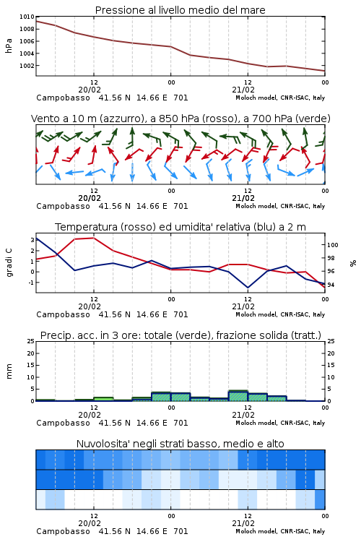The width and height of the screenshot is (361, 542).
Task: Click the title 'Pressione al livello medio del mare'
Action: (x=180, y=10)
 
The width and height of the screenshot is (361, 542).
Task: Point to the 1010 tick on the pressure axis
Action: (x=27, y=17)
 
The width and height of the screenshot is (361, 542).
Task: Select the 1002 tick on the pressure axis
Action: (x=27, y=66)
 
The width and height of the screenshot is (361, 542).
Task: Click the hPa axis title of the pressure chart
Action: (x=9, y=46)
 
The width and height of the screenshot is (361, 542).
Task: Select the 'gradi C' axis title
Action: (x=9, y=262)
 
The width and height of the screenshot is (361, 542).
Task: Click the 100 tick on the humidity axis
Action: (x=332, y=245)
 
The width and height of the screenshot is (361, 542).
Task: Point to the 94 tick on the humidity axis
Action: (x=331, y=285)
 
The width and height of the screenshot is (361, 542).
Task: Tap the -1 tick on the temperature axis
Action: (x=31, y=283)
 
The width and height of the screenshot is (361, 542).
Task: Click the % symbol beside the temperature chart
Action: (x=353, y=263)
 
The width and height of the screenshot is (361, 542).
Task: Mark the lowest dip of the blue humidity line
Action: (x=248, y=288)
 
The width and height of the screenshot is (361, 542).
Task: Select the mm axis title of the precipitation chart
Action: (x=9, y=371)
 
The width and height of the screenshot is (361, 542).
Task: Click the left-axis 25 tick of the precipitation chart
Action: (x=31, y=341)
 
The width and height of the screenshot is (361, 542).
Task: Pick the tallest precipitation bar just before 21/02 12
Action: (x=238, y=396)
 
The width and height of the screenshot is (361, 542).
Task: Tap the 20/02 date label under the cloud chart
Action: (x=90, y=523)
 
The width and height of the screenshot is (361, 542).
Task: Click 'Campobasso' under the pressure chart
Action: (x=63, y=98)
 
